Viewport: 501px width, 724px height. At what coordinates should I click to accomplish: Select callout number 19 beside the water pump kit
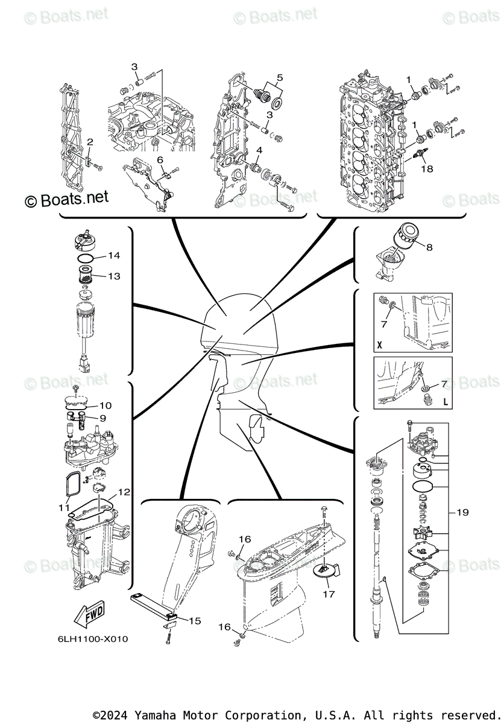[462, 513]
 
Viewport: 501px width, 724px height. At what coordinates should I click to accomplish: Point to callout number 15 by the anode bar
[195, 621]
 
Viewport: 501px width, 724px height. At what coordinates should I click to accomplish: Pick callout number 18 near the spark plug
[427, 169]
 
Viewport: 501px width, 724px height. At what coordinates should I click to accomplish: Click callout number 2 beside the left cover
[90, 142]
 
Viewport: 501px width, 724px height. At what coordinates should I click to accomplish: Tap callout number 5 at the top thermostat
[280, 77]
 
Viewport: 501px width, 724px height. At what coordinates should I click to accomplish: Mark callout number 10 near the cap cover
[105, 405]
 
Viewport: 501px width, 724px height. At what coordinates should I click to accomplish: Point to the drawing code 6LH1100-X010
[93, 639]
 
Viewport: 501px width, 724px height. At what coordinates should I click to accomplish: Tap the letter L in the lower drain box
[445, 401]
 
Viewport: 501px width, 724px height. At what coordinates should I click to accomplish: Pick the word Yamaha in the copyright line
[156, 714]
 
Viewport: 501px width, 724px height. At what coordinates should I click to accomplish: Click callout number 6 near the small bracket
[160, 159]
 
